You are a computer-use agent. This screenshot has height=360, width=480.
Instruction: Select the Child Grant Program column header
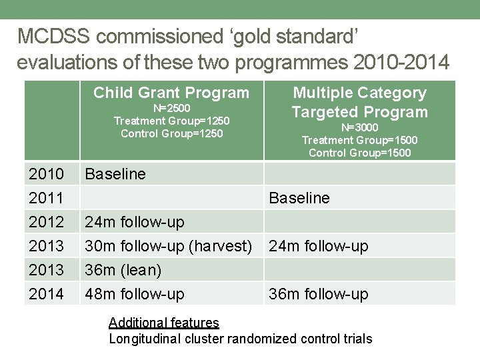(171, 93)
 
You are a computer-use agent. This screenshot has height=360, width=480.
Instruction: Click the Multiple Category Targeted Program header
(360, 102)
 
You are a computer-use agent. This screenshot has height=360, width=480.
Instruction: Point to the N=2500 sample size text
(171, 108)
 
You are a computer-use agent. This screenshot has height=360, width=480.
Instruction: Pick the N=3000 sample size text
(360, 127)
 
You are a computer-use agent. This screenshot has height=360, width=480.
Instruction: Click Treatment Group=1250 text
(171, 121)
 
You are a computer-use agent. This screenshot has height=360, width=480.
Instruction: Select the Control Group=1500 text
(360, 153)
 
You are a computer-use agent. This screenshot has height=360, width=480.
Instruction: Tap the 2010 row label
(46, 174)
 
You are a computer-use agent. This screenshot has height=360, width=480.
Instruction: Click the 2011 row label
(46, 198)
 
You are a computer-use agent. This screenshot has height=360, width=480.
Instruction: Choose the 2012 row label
(46, 222)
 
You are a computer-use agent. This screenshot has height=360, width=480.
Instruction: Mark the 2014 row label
(46, 294)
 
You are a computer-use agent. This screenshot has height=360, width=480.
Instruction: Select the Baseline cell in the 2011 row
(299, 198)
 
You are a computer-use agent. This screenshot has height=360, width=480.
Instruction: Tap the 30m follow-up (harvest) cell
(168, 246)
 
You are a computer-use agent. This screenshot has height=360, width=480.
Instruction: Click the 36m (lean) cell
(123, 270)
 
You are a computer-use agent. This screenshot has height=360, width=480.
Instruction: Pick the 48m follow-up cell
(134, 294)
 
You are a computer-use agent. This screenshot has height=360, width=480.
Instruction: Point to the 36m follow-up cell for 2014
(318, 294)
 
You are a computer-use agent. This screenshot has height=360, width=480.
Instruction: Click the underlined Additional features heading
(163, 323)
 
